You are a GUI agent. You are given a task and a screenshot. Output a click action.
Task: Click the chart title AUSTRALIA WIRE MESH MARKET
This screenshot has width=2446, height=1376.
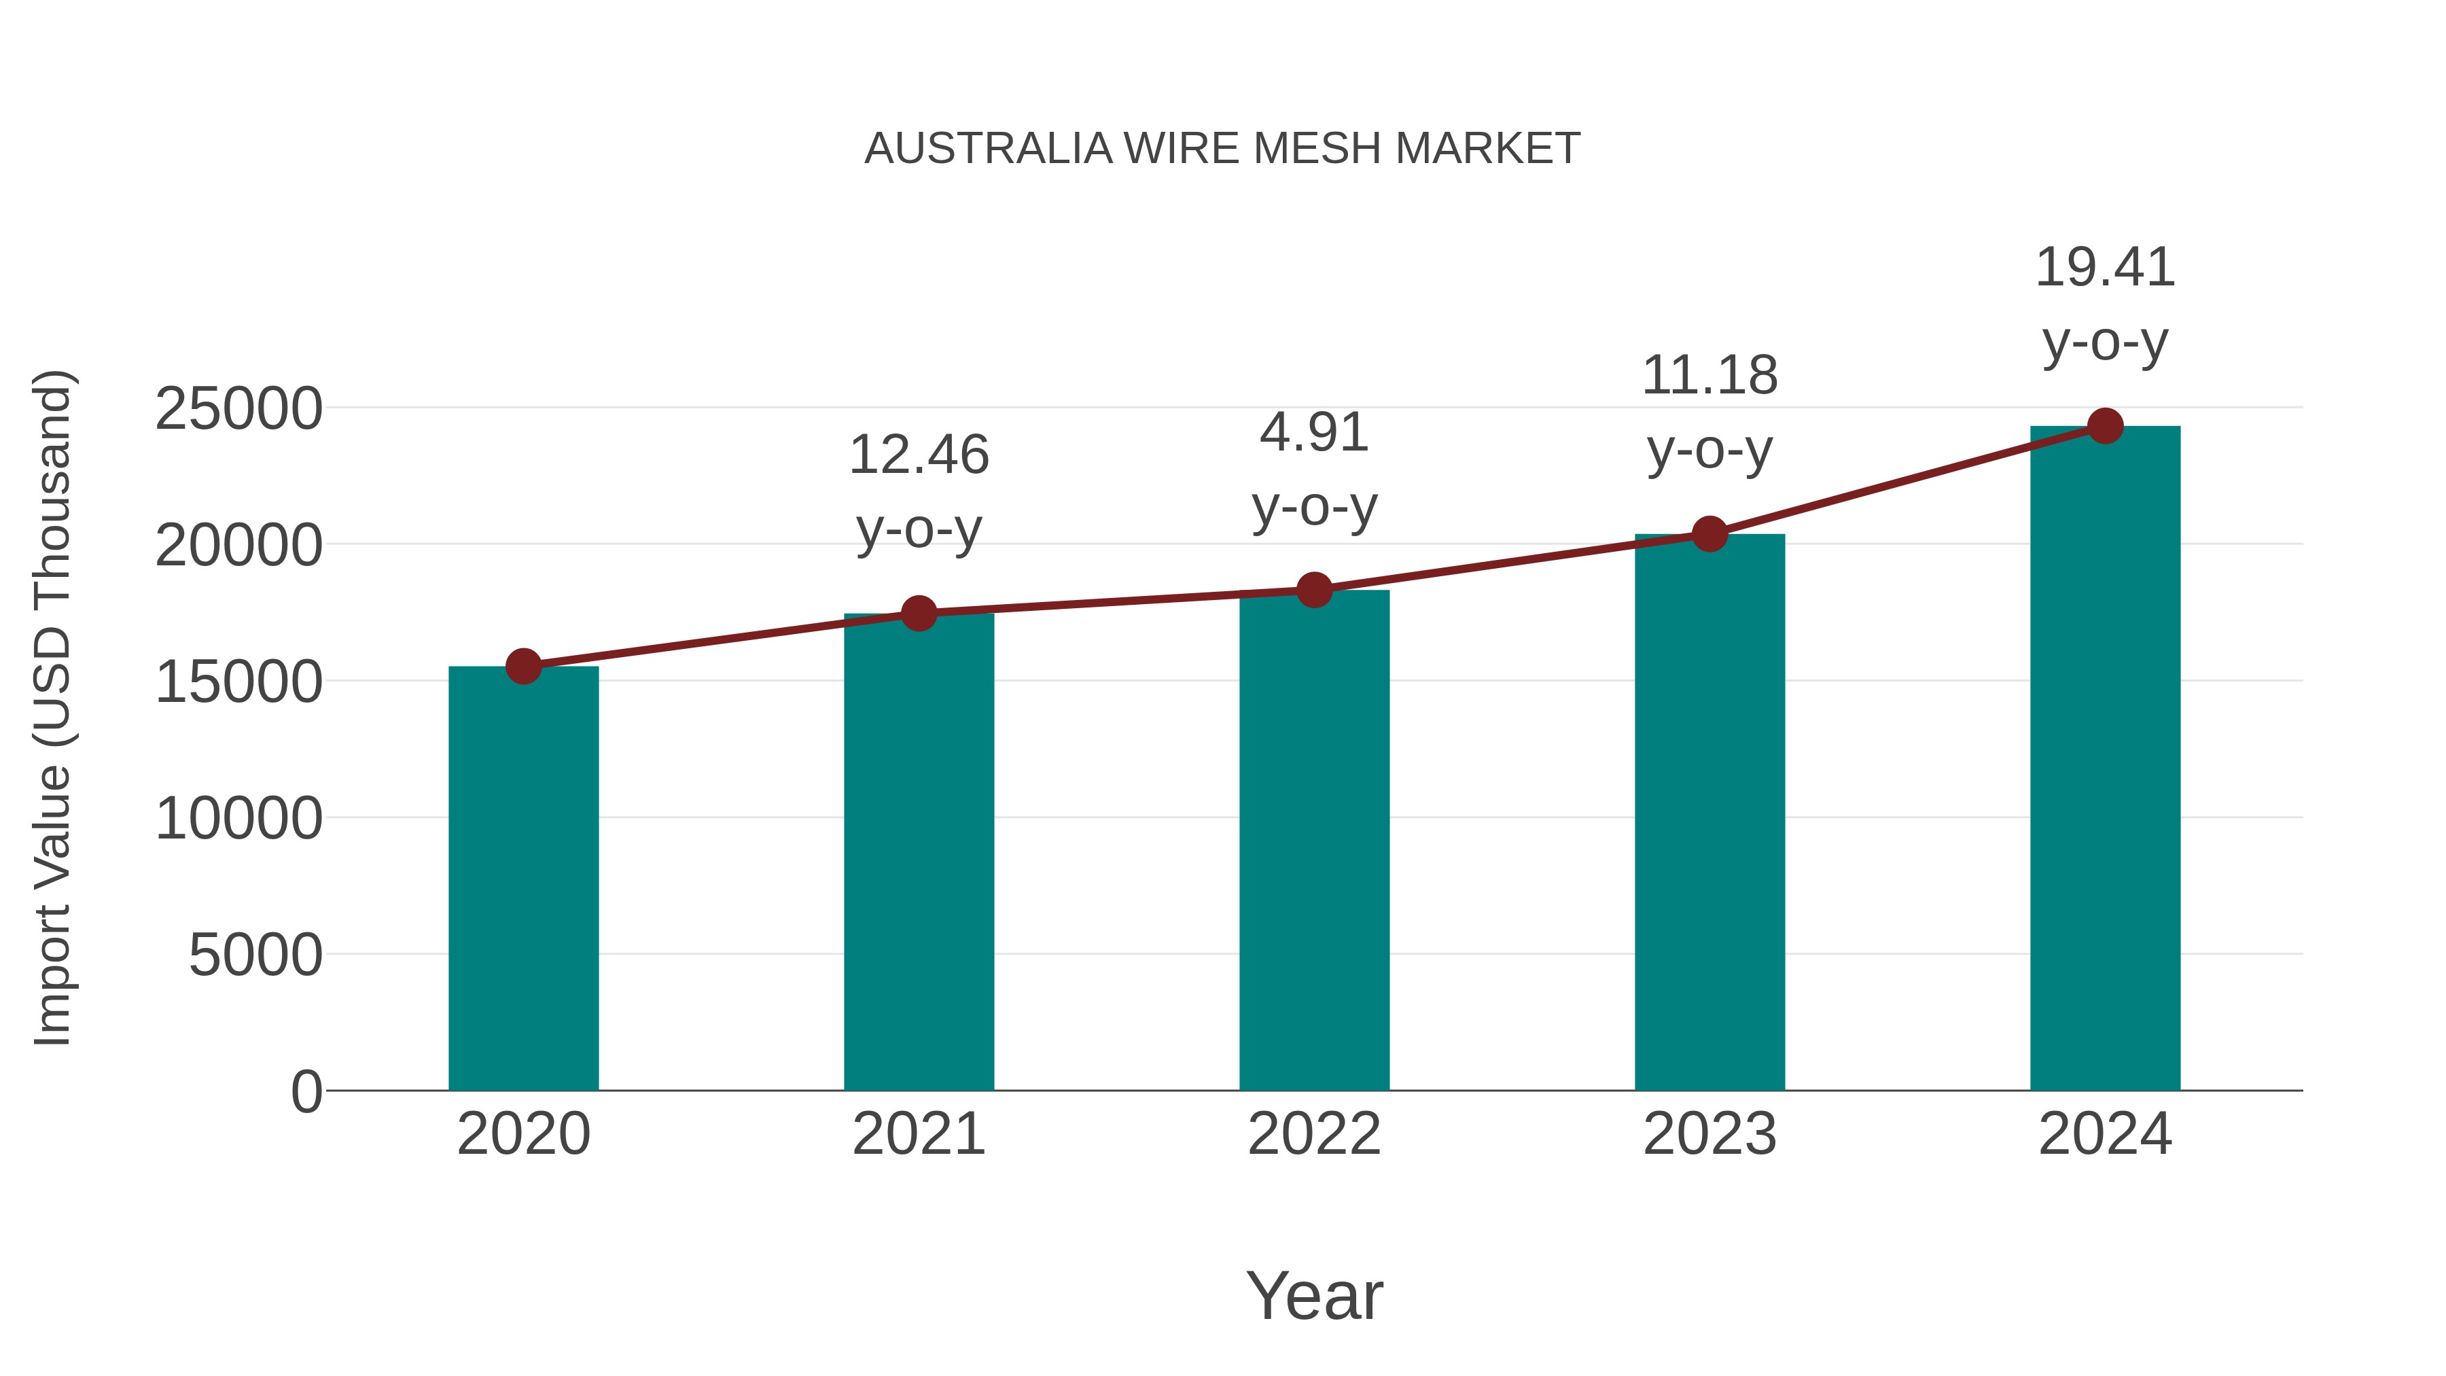pos(1222,149)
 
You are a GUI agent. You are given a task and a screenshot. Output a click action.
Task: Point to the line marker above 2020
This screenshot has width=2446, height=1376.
pos(523,667)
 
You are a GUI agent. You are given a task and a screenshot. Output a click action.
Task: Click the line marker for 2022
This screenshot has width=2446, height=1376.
pos(1314,590)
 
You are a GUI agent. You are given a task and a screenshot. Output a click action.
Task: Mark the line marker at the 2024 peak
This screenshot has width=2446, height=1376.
pos(2105,426)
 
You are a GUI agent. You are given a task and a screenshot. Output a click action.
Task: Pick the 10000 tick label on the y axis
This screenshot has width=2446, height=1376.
pos(238,819)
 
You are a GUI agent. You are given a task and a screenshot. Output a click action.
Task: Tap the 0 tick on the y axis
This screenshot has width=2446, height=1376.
pos(306,1091)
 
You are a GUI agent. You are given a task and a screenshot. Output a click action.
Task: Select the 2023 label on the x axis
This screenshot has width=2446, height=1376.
pos(1709,1134)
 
